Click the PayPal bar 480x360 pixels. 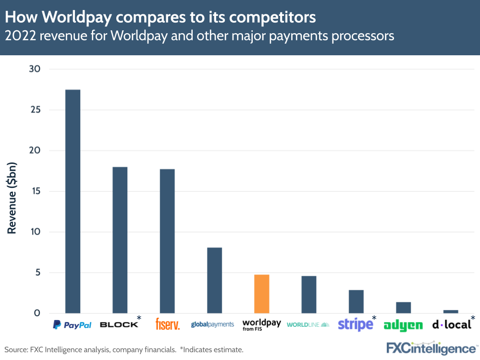pos(73,201)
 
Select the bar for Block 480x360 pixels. pos(120,240)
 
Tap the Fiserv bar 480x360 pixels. pos(167,241)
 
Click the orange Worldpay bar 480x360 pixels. pos(261,294)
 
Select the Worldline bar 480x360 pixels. pos(308,295)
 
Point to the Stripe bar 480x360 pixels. pos(356,301)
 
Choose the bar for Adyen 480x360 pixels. pos(403,308)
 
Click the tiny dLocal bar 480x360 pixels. pos(450,311)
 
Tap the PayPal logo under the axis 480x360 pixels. pos(72,325)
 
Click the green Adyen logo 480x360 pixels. pos(403,325)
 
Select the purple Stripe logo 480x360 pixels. pos(355,324)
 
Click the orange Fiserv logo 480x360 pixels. pos(168,324)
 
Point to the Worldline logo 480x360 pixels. pos(308,325)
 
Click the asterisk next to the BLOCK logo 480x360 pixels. pos(139,318)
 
